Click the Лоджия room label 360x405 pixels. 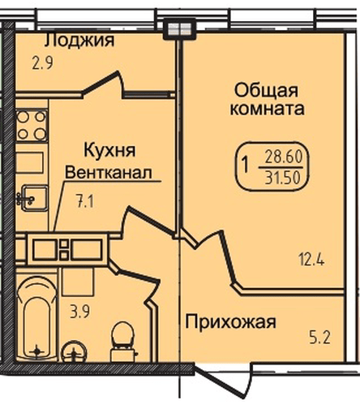tap(78, 41)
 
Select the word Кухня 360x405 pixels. tap(109, 150)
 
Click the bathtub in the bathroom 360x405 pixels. tap(36, 317)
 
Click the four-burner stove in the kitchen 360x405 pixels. tap(31, 126)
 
